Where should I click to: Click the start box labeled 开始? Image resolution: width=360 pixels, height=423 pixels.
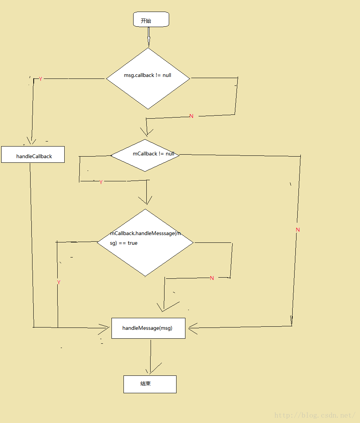pyautogui.click(x=151, y=19)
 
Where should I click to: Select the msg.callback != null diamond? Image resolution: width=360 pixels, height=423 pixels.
pyautogui.click(x=148, y=78)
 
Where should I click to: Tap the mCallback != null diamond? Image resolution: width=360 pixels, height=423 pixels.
pyautogui.click(x=145, y=155)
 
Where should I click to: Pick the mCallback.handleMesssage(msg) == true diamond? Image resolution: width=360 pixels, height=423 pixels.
pyautogui.click(x=145, y=243)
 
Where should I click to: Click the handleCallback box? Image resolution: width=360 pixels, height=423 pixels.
pyautogui.click(x=33, y=155)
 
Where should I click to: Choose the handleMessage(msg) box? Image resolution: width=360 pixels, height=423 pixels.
pyautogui.click(x=148, y=328)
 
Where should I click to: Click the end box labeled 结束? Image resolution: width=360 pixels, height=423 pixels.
pyautogui.click(x=150, y=384)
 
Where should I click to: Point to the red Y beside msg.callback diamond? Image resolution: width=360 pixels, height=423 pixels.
pyautogui.click(x=41, y=79)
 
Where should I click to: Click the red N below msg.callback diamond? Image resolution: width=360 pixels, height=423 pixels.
pyautogui.click(x=191, y=116)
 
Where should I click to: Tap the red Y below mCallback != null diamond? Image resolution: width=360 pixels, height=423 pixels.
pyautogui.click(x=101, y=182)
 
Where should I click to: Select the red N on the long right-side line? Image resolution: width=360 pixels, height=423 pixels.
pyautogui.click(x=298, y=230)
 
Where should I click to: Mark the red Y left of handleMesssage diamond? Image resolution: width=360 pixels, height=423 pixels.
pyautogui.click(x=59, y=283)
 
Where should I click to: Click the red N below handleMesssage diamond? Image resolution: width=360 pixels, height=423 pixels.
pyautogui.click(x=212, y=278)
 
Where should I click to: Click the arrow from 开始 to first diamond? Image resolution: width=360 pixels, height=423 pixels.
pyautogui.click(x=148, y=38)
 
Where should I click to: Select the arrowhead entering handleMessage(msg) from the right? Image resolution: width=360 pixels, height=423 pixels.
pyautogui.click(x=192, y=328)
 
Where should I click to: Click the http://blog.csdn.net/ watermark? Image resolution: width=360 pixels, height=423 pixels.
pyautogui.click(x=314, y=415)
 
